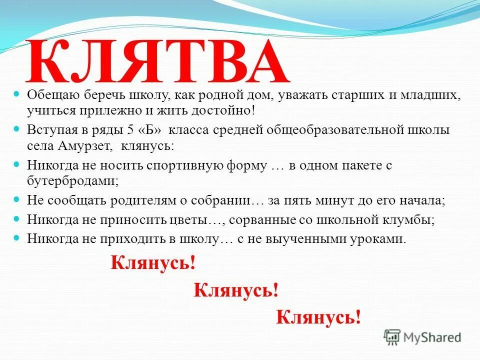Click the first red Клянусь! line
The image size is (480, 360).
(153, 263)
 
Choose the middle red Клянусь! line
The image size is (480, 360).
(236, 290)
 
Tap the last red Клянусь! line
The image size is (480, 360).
(318, 316)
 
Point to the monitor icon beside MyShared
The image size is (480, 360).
(392, 336)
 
